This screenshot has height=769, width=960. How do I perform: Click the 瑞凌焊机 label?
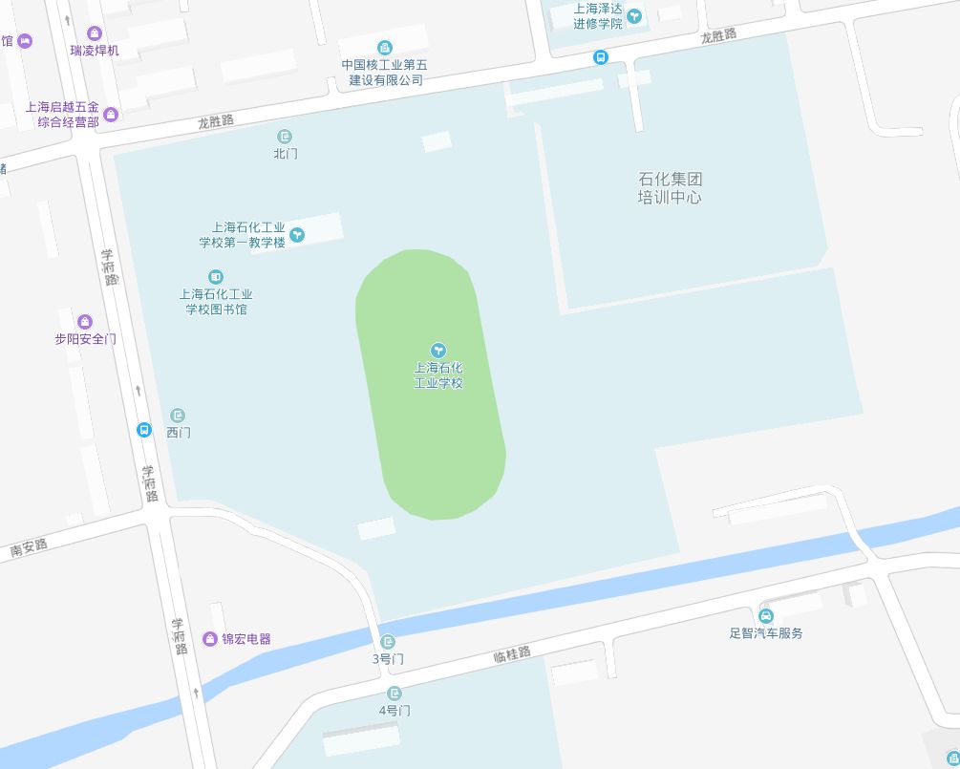(95, 50)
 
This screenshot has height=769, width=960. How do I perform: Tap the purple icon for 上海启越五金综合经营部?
(111, 115)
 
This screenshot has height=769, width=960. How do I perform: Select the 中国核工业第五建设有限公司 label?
(385, 73)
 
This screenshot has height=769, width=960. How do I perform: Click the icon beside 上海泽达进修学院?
(635, 15)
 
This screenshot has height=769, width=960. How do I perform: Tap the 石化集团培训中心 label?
(670, 188)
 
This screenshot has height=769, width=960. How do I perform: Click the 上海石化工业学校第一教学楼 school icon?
(297, 235)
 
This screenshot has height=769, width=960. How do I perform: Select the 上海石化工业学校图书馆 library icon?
(216, 277)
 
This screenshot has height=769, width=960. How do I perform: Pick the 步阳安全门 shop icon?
(85, 322)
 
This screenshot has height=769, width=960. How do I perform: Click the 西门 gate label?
(179, 433)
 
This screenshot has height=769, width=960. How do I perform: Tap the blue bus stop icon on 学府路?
(144, 430)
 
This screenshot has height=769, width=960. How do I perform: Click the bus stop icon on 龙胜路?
(601, 57)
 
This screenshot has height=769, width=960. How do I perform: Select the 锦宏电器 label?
(246, 639)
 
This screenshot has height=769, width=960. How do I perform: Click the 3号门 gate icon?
(388, 642)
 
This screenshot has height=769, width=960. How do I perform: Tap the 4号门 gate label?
(395, 711)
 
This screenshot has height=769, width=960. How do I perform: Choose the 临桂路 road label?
(511, 654)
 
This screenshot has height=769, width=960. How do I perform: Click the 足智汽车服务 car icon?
(766, 615)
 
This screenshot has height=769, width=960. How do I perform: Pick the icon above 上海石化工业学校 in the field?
(438, 351)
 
